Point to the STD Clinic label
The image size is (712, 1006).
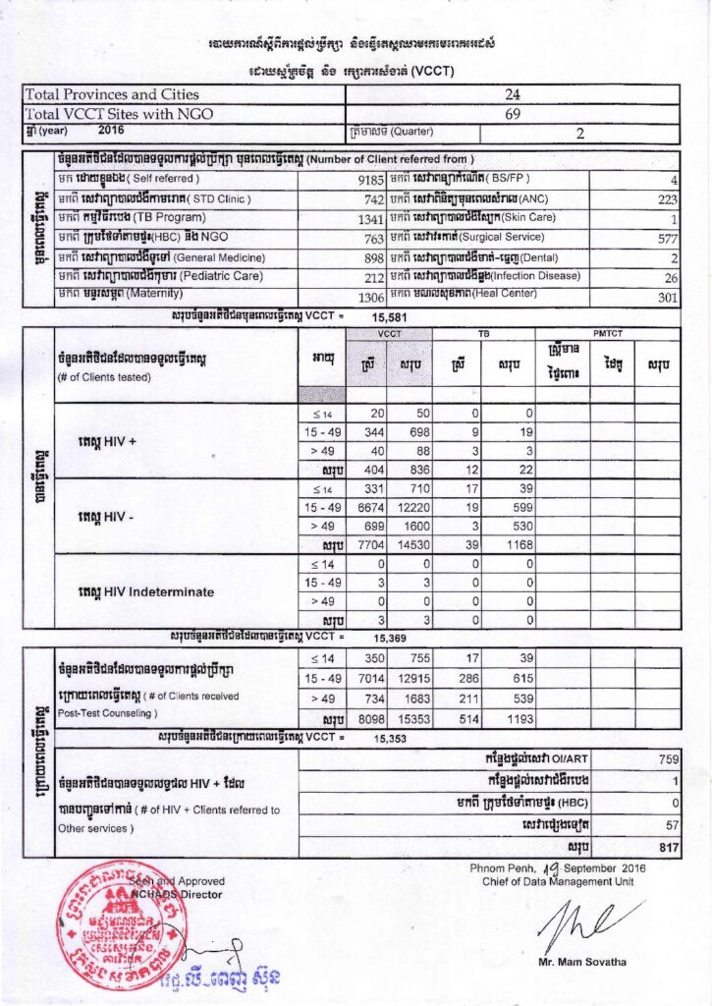click(x=157, y=198)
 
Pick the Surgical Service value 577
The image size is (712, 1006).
click(x=666, y=238)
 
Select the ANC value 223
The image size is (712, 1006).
click(x=666, y=198)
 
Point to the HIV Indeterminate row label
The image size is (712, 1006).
click(x=145, y=591)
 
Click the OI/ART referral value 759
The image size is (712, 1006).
click(x=666, y=758)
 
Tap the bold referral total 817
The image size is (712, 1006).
click(x=664, y=845)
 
